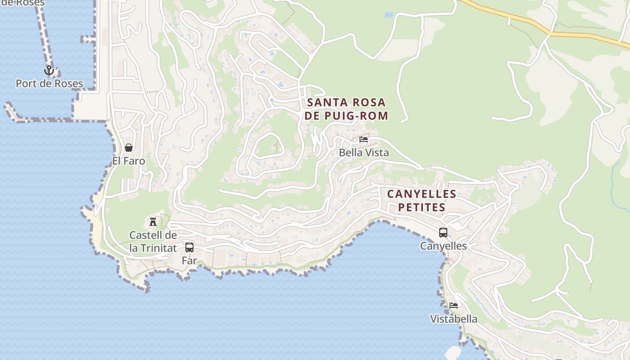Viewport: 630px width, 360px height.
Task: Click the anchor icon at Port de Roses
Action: tap(49, 70)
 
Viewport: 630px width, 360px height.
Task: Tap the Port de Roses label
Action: tap(49, 84)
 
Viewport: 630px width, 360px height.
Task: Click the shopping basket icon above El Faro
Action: tap(129, 147)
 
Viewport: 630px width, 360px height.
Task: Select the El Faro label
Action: tap(129, 161)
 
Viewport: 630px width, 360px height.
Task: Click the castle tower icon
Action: tap(153, 221)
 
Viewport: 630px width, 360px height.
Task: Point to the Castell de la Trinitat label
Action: tap(153, 242)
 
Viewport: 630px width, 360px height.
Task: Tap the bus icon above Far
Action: tap(189, 247)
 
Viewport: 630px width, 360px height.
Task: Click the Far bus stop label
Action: tap(189, 261)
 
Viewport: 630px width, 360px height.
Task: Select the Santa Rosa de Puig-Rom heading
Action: tap(346, 109)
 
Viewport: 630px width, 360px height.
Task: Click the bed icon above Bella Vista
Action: tap(364, 139)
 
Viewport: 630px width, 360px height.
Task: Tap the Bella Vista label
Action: tap(364, 153)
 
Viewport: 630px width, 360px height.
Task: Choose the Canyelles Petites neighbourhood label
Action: tap(422, 201)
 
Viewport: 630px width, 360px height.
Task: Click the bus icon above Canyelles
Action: tap(443, 233)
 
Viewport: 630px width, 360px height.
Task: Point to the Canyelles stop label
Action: tap(443, 246)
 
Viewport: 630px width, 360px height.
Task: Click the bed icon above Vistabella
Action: tap(454, 305)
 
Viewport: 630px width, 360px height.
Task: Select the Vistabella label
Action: tap(454, 319)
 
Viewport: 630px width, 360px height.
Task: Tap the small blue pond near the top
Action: tap(388, 15)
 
